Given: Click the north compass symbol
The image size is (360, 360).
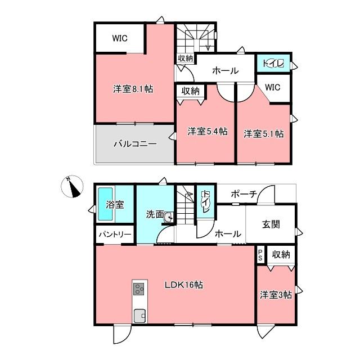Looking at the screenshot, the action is coord(72,186).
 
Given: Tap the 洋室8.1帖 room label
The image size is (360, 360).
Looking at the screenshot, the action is coord(133,89).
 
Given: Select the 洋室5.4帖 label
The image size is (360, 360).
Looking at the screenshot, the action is coord(208,131).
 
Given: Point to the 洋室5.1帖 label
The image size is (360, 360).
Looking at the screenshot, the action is coord(264,134).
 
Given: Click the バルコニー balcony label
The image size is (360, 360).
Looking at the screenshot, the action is coord(135,144).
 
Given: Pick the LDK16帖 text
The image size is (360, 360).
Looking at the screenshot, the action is coord(184,285).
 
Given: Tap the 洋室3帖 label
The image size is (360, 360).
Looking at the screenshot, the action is coord(276,295).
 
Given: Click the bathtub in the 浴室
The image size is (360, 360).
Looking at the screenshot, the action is coord(105,204).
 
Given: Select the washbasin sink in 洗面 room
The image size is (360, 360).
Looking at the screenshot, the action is coord(169,217).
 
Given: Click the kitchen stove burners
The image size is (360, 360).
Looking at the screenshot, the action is coord(139,289).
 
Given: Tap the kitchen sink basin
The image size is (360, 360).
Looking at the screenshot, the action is coord(139,316).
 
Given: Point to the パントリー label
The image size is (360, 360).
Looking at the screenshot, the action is coord(115,235).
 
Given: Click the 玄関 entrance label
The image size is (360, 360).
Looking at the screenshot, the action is coord(271,224).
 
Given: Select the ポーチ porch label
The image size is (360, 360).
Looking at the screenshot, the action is coord(244,194).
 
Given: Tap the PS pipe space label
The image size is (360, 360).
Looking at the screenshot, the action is coord(260,255).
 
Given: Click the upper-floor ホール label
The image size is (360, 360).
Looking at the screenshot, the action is coord(226,70).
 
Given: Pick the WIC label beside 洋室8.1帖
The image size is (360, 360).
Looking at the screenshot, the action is coord(120,38).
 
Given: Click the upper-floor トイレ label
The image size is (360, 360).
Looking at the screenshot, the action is coord(273,63).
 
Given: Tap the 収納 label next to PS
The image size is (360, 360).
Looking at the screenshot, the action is coord(281,254).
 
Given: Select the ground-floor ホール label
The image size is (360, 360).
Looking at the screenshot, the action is coord(228,234).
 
